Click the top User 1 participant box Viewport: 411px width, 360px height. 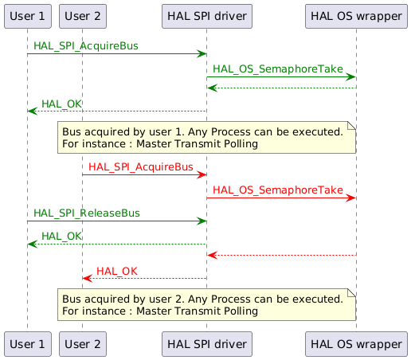[27, 16]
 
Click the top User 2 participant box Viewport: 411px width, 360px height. [82, 16]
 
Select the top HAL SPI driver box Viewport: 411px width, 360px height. [206, 16]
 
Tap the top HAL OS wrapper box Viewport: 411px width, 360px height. [355, 16]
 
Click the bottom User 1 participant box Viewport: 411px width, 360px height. [27, 343]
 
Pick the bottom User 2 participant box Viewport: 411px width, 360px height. [82, 343]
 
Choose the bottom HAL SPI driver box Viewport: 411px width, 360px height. [206, 343]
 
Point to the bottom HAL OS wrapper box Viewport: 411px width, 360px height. [355, 343]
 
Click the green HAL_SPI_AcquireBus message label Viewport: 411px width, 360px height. [86, 47]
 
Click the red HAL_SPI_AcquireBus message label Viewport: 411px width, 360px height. [140, 167]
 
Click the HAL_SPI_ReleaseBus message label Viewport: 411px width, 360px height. [87, 213]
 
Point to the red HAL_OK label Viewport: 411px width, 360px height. [116, 272]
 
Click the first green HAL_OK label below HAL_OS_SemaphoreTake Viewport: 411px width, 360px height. [61, 104]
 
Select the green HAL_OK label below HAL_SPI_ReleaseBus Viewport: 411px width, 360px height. [61, 237]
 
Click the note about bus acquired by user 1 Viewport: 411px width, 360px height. [205, 138]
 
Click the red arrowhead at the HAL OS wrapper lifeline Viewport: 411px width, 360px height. [351, 198]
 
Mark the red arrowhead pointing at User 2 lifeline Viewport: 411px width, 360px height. [87, 279]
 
